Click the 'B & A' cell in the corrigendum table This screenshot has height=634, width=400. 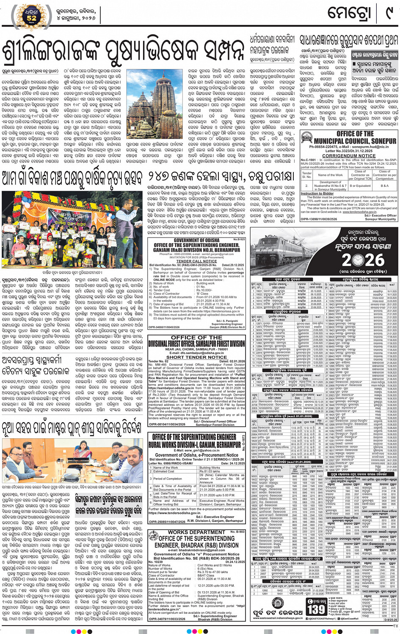click(384, 185)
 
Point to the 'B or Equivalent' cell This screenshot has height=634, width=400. click(360, 185)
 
